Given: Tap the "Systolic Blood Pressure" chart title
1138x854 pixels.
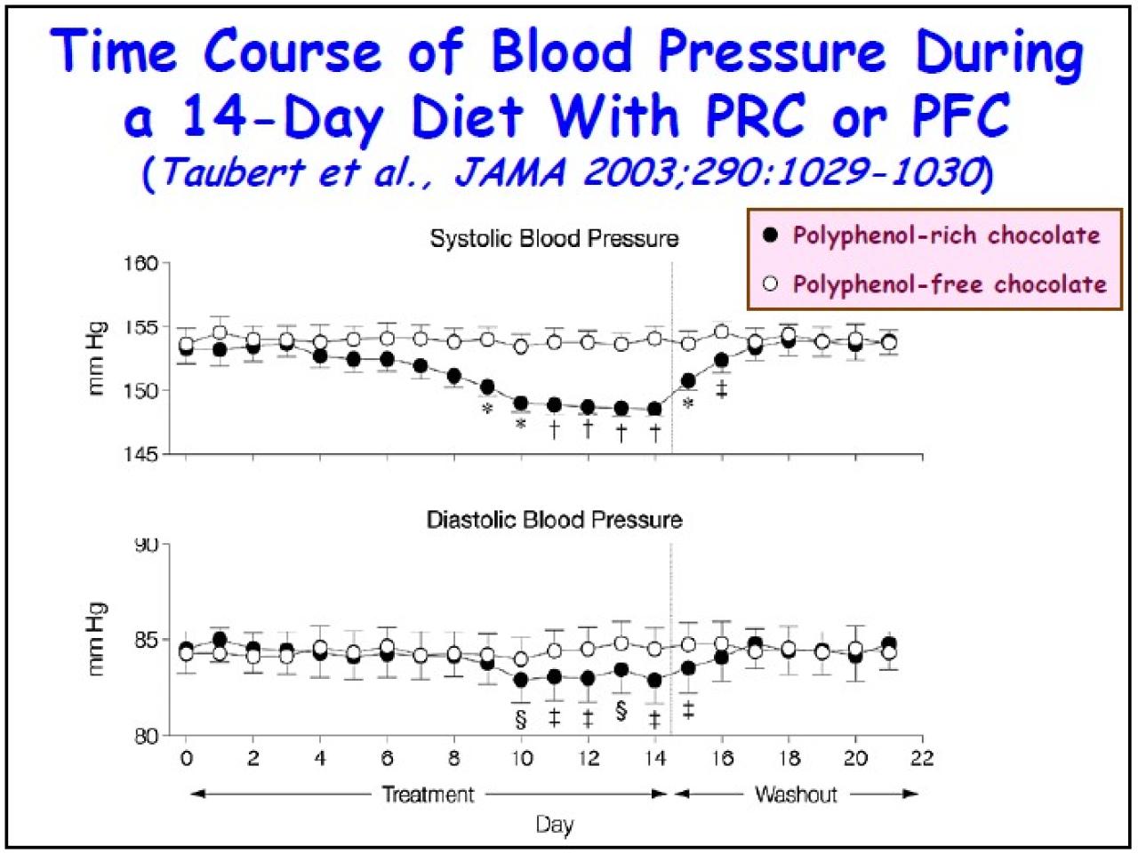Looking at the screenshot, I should pyautogui.click(x=554, y=238).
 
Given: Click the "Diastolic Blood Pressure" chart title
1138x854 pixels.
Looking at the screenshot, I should pyautogui.click(x=554, y=519).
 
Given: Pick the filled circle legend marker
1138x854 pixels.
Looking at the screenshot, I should pyautogui.click(x=771, y=235).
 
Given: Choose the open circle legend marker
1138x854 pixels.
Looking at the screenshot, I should pyautogui.click(x=771, y=284).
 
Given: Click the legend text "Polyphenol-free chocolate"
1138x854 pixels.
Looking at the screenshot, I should pyautogui.click(x=950, y=284).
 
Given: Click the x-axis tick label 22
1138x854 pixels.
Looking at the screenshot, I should pyautogui.click(x=922, y=759).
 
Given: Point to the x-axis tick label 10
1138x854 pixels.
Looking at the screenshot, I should pyautogui.click(x=521, y=759).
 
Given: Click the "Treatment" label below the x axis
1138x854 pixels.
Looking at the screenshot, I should pyautogui.click(x=428, y=794).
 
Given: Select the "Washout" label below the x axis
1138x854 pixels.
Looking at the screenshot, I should pyautogui.click(x=796, y=794).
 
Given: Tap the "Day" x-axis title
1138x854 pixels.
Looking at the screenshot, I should pyautogui.click(x=554, y=825).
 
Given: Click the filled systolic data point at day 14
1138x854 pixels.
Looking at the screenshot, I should pyautogui.click(x=655, y=410).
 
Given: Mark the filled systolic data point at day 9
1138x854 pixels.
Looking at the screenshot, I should pyautogui.click(x=487, y=387).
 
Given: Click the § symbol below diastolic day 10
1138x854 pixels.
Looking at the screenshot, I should pyautogui.click(x=521, y=717).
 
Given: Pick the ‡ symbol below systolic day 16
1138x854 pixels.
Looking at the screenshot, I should pyautogui.click(x=722, y=389).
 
